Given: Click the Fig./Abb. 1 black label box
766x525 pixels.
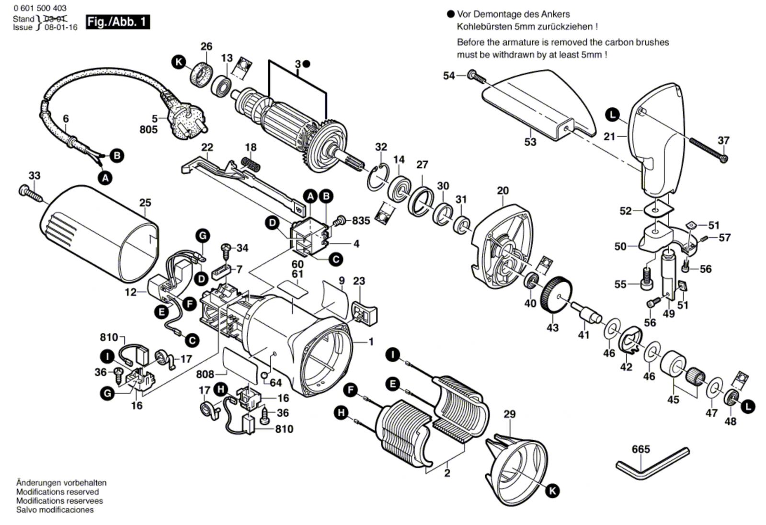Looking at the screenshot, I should coord(117,22).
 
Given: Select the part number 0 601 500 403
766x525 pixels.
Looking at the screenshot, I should coord(40,8).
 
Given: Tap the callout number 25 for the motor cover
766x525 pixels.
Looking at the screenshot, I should coord(145,203).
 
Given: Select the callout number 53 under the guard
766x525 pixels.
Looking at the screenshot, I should coord(530,142).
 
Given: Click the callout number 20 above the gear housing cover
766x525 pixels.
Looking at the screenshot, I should coord(503,191).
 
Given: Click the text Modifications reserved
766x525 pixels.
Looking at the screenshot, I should coord(57,492).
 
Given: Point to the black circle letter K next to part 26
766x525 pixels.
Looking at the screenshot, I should coord(179,62).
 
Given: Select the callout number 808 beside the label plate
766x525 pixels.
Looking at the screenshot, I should coord(205,374).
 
